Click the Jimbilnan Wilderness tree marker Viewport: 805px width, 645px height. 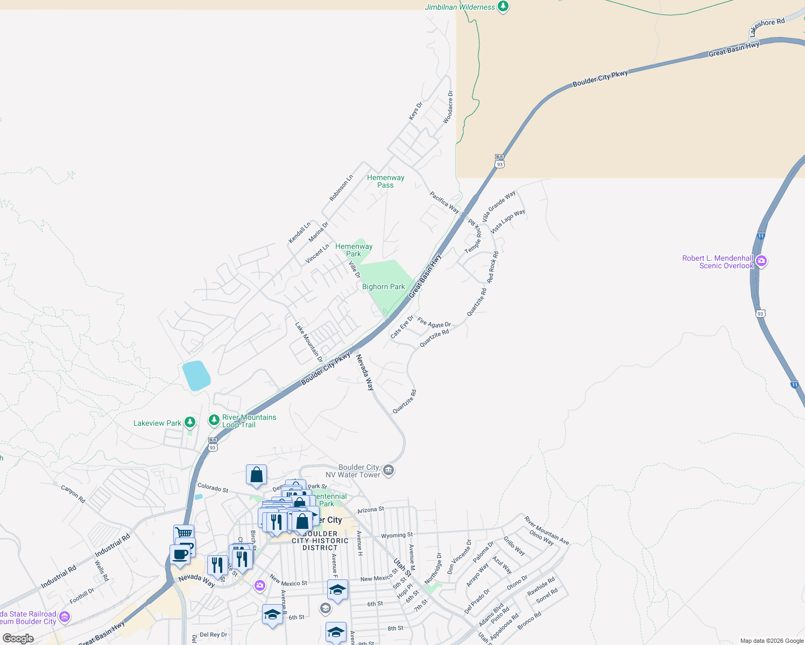[503, 7]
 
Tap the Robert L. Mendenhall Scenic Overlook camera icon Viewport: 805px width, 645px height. [761, 261]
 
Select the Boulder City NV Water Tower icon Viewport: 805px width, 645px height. [389, 471]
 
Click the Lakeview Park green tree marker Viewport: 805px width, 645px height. [190, 422]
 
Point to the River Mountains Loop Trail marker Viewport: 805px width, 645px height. [214, 420]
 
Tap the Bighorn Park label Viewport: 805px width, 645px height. [383, 287]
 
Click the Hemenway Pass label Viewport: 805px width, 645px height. [385, 181]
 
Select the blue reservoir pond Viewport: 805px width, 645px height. [196, 375]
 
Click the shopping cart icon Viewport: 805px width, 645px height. [183, 533]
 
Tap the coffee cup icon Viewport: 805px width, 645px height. [180, 554]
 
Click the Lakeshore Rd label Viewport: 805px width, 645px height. [767, 26]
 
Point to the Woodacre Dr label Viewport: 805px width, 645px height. [448, 107]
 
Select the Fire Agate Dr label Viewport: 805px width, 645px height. [434, 323]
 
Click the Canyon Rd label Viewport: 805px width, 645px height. [73, 494]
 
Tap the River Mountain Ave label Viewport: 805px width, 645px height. [547, 531]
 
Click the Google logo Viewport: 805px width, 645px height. [18, 639]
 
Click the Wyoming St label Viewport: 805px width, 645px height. [397, 535]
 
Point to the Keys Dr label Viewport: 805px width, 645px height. [415, 111]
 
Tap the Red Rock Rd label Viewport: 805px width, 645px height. [492, 267]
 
